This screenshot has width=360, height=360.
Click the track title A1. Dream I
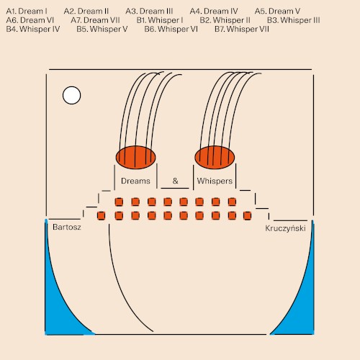pos(27,11)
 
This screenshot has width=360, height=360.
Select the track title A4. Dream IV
pos(214,11)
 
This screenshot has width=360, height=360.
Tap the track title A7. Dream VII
pos(95,20)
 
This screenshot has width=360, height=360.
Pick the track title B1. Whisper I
pos(160,20)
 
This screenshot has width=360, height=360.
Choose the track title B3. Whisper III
pos(294,20)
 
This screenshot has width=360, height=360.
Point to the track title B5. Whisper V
pos(102,29)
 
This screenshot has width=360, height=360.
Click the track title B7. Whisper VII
pos(242,29)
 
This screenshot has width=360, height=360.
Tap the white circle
pos(71,95)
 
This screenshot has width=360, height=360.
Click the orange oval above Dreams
pos(135,157)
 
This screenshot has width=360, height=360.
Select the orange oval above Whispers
pos(215,157)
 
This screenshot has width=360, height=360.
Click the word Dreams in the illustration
pos(135,181)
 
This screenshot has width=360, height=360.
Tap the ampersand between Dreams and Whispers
pos(176,181)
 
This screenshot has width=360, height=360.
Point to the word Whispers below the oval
pos(215,181)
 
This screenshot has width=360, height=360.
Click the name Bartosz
pos(67,227)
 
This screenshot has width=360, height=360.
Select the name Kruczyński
pos(285,228)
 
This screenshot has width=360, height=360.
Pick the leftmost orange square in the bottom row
pos(101,215)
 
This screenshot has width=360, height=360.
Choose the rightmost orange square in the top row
pos(232,202)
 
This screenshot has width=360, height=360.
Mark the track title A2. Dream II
pos(86,11)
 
